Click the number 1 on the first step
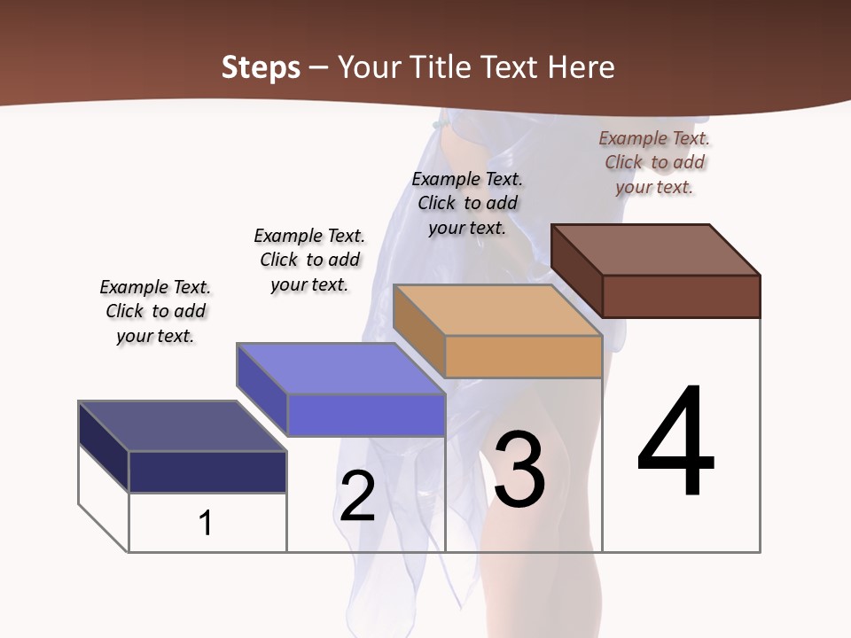[206, 523]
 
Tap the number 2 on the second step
[357, 495]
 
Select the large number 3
[519, 470]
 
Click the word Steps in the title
[261, 67]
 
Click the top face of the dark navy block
[182, 426]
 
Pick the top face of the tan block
[496, 310]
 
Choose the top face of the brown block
[655, 250]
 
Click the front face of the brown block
[681, 296]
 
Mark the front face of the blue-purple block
[365, 415]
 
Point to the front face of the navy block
[207, 471]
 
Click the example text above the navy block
[155, 311]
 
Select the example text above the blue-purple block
[309, 260]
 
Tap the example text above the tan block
[467, 203]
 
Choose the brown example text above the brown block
[654, 162]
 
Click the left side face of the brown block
[576, 269]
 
